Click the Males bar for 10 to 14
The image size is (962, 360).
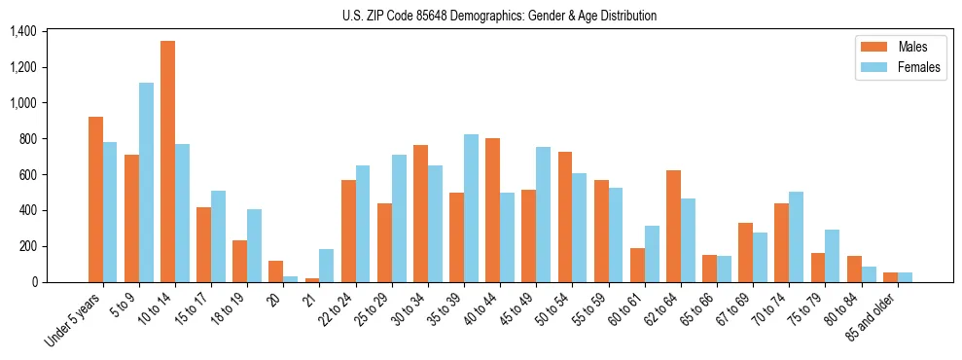point(167,162)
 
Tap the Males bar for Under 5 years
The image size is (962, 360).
point(95,199)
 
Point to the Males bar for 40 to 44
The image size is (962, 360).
point(492,210)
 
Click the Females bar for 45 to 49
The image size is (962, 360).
point(543,215)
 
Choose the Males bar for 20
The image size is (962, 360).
point(275,271)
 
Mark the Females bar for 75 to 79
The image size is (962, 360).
point(832,256)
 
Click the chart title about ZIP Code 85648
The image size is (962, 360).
point(499,16)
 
